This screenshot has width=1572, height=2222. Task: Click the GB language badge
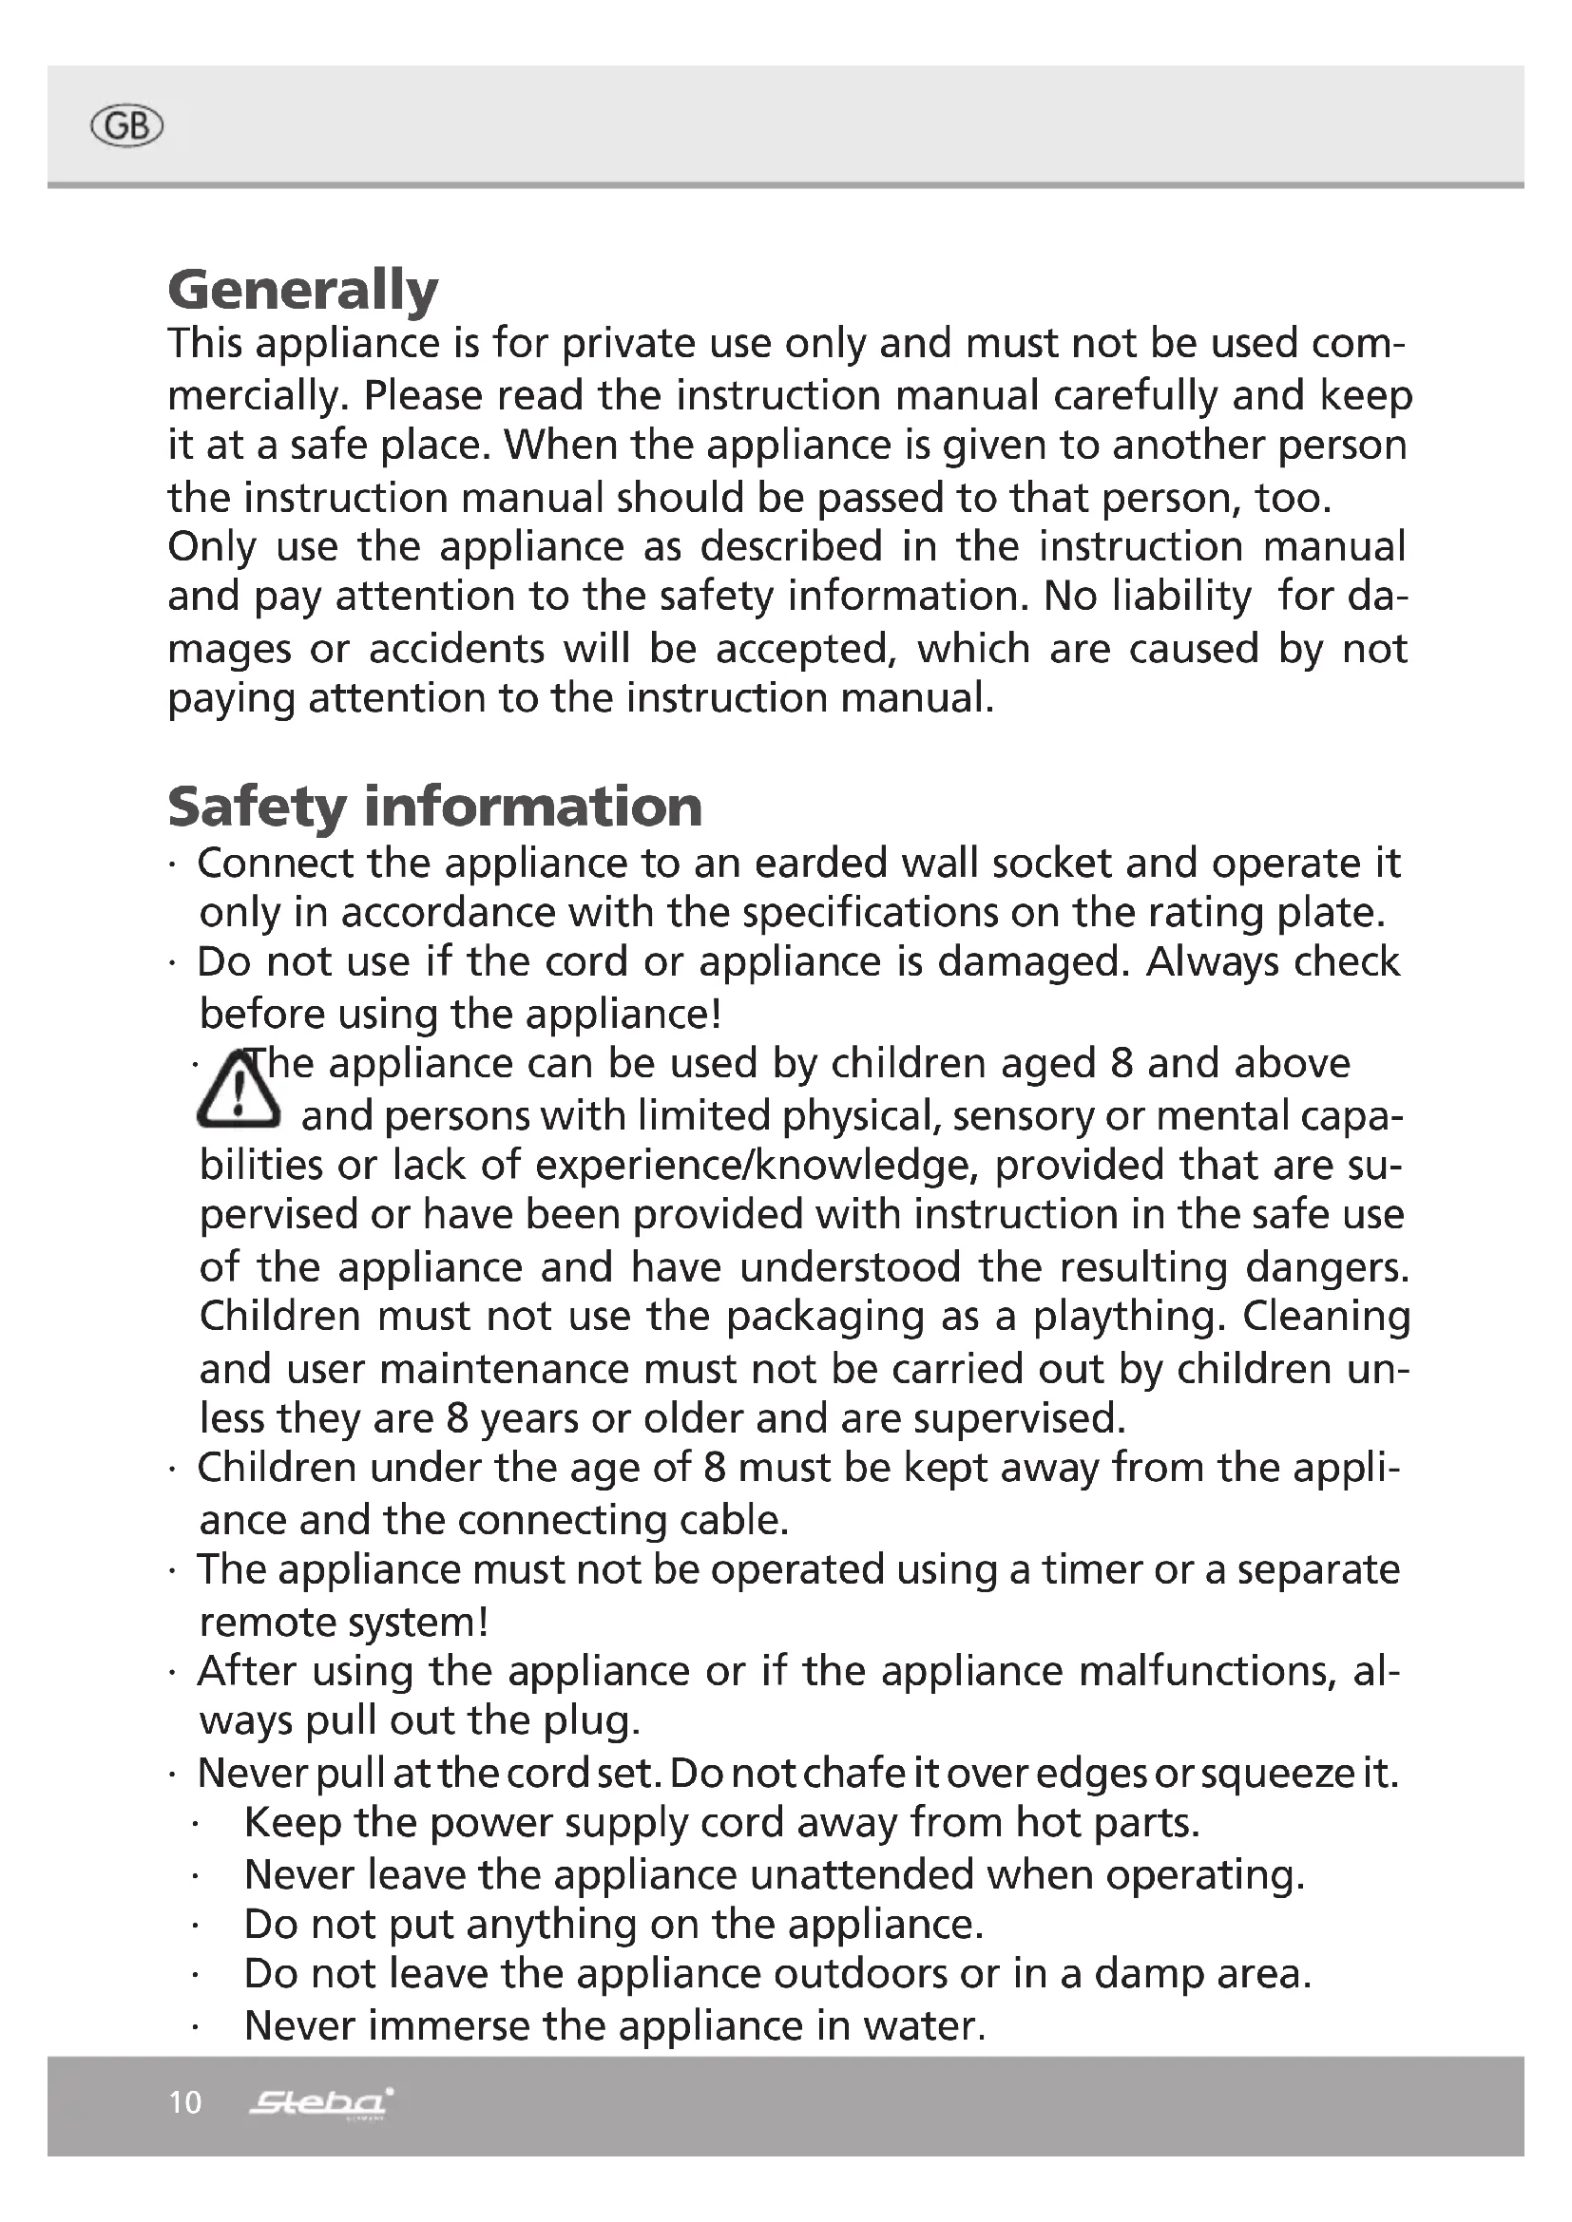tap(125, 125)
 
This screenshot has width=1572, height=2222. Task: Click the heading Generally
tap(303, 291)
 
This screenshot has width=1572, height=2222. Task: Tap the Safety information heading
tap(434, 807)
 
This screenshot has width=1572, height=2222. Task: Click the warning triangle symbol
tap(239, 1092)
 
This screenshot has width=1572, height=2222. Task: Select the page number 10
tap(185, 2102)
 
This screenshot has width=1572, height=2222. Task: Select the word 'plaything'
tap(1129, 1317)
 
